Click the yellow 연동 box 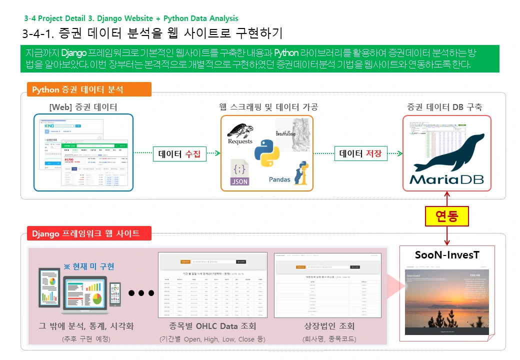[x=447, y=216]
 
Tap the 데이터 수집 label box [x=179, y=154]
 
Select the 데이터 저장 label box [x=360, y=154]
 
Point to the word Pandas [x=279, y=179]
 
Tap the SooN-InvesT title [x=447, y=255]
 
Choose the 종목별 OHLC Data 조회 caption [x=212, y=326]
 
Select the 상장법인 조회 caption [x=329, y=326]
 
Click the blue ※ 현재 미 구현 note [x=89, y=265]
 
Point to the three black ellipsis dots [x=141, y=293]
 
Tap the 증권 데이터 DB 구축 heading [x=444, y=107]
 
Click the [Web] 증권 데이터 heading [x=83, y=107]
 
